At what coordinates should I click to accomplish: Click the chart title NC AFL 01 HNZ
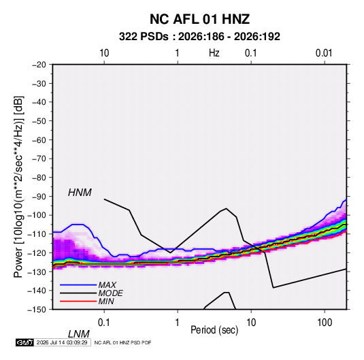pyautogui.click(x=199, y=19)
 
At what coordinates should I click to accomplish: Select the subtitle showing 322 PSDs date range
pyautogui.click(x=199, y=37)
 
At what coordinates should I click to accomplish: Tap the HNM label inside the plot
pyautogui.click(x=80, y=193)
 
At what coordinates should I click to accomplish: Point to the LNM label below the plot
pyautogui.click(x=79, y=334)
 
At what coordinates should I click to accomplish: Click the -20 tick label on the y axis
pyautogui.click(x=39, y=65)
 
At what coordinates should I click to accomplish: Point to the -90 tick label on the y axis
pyautogui.click(x=39, y=197)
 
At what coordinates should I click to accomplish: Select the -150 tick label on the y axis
pyautogui.click(x=37, y=310)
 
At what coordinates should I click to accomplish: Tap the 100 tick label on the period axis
pyautogui.click(x=325, y=323)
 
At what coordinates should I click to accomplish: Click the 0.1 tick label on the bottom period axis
pyautogui.click(x=104, y=323)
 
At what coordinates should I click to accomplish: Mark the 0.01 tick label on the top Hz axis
pyautogui.click(x=324, y=53)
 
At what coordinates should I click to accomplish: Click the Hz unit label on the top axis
pyautogui.click(x=214, y=53)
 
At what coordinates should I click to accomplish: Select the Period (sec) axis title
pyautogui.click(x=214, y=330)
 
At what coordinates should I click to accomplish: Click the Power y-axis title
pyautogui.click(x=18, y=187)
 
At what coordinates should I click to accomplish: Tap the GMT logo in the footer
pyautogui.click(x=24, y=342)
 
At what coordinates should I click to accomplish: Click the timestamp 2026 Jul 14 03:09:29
pyautogui.click(x=62, y=342)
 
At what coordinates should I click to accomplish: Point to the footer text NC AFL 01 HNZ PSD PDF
pyautogui.click(x=122, y=342)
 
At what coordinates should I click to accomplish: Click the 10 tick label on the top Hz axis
pyautogui.click(x=104, y=53)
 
